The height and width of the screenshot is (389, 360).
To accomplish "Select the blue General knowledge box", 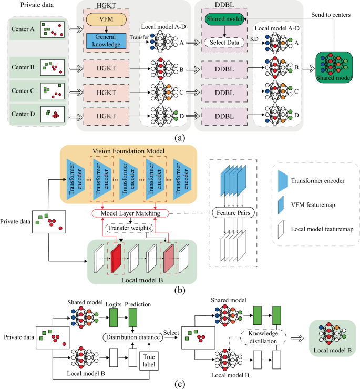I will [x=106, y=41].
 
